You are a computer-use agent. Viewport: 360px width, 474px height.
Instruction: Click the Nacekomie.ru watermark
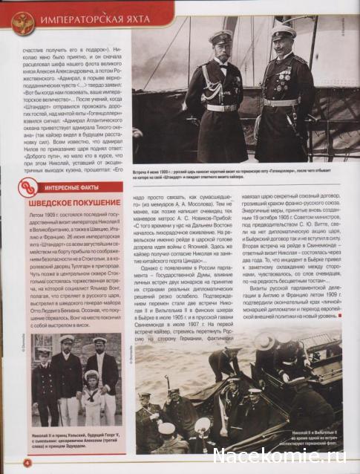(285, 455)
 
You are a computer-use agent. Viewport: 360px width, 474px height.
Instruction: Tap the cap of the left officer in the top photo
(220, 36)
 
